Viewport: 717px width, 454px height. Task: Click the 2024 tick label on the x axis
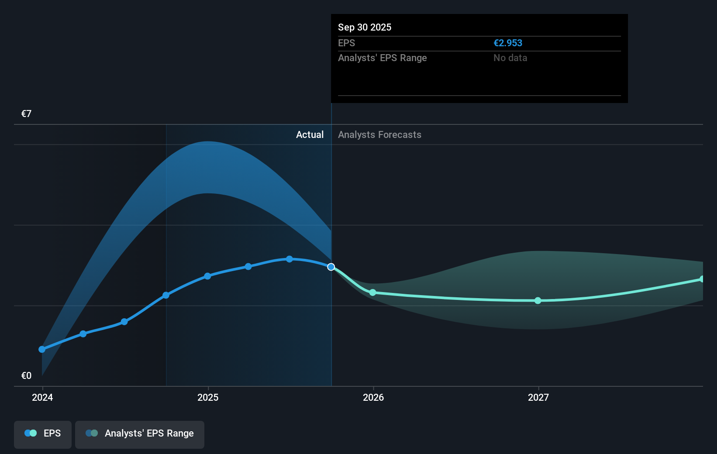point(42,397)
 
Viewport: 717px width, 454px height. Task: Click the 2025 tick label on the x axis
point(208,397)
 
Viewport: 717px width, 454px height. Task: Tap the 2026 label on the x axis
point(373,397)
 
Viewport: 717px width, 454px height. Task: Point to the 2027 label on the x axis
point(538,397)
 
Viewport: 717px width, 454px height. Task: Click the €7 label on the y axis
point(26,114)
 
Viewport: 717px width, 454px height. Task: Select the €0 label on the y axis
point(26,376)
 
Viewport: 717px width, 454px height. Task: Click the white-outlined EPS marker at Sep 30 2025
point(331,267)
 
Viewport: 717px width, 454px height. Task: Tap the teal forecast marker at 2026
point(372,292)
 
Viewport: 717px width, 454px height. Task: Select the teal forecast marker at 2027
point(538,300)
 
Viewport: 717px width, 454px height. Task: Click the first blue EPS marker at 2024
point(42,349)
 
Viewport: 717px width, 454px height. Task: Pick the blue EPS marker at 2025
point(207,276)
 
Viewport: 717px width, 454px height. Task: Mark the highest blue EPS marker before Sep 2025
point(290,259)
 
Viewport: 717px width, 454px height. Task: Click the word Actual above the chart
point(310,135)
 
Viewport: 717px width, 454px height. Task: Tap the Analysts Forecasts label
point(379,135)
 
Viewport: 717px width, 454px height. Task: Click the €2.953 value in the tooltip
point(507,43)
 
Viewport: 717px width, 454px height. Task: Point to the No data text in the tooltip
point(510,58)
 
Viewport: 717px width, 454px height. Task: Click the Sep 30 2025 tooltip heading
point(365,28)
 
